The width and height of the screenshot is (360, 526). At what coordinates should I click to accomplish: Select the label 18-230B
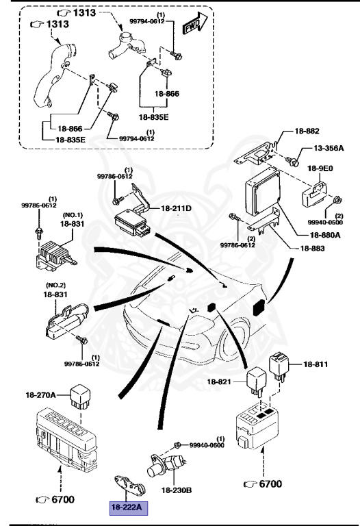177,490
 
